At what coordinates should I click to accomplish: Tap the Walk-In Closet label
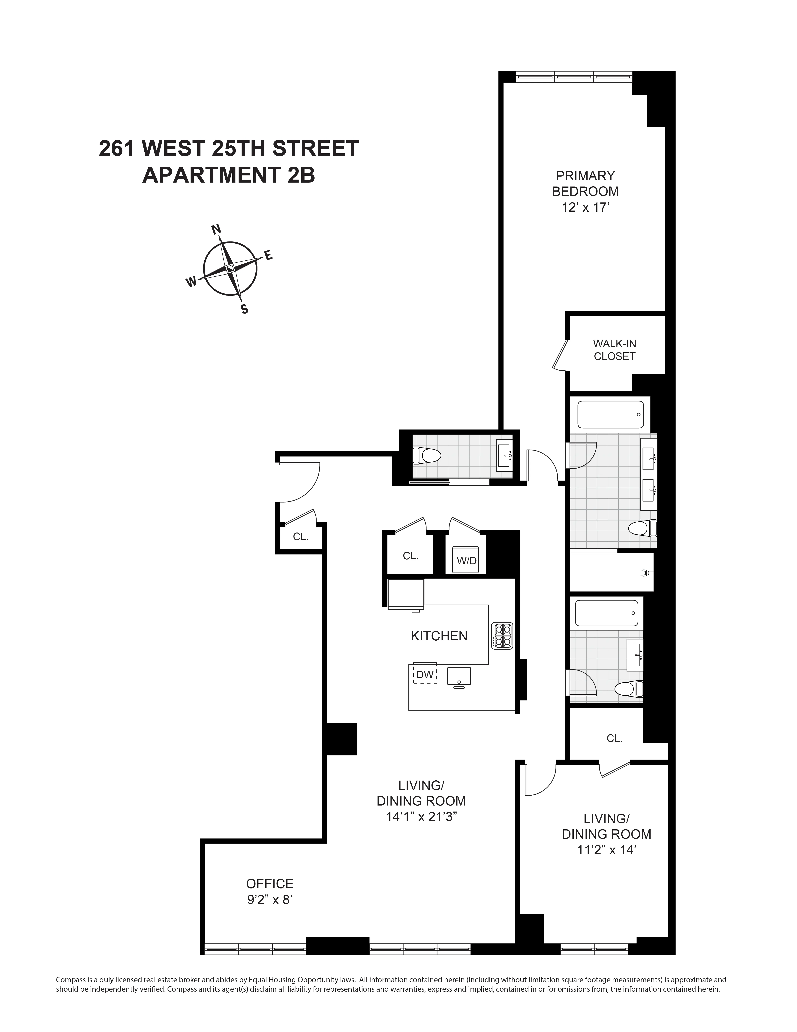[x=614, y=350]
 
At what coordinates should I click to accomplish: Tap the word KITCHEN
[x=439, y=636]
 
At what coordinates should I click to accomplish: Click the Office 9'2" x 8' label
[x=270, y=891]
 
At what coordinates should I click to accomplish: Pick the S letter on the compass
[x=244, y=309]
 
